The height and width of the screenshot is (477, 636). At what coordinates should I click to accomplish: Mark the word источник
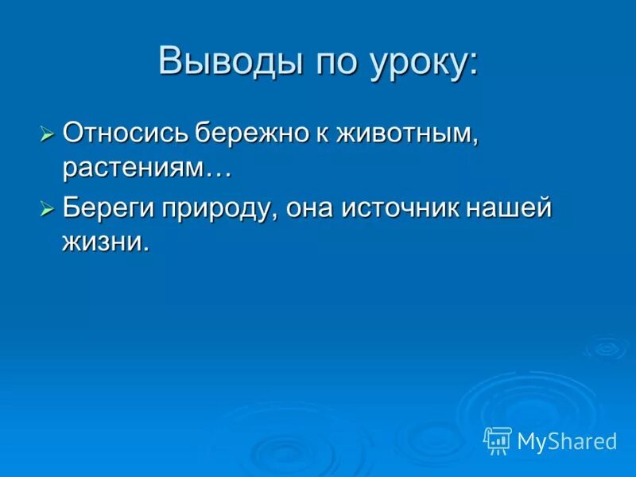coord(409,210)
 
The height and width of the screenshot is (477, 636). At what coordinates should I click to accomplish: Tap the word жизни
coord(106,243)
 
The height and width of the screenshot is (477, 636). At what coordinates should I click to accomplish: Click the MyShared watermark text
coord(567,441)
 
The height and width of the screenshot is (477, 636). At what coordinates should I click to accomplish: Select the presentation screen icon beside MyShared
coord(498,440)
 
